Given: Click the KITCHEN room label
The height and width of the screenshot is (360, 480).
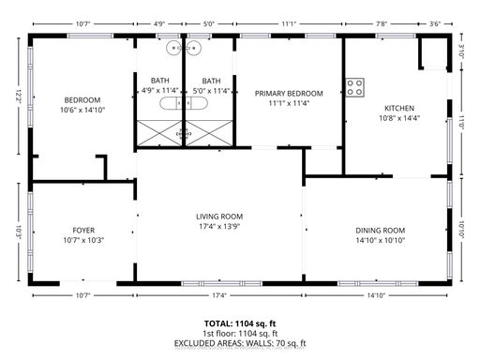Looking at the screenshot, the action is point(399,108).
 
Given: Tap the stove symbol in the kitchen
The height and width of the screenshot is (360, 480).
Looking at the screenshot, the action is point(354,87).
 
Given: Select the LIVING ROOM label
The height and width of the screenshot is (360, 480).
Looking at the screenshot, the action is point(219,217).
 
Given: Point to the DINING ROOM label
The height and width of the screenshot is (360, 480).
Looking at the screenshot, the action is point(381,231).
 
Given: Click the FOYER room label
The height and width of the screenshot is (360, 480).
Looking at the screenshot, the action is point(83,231).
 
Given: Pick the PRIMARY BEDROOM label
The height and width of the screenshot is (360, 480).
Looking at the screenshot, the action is point(289,94).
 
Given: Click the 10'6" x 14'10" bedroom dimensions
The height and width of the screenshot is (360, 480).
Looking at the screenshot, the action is point(82,110).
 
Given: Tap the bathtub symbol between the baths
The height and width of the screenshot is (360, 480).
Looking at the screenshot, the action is point(184,103).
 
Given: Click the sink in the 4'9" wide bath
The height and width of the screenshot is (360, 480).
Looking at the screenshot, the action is point(174,48).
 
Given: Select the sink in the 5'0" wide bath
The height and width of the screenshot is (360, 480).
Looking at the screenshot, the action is point(193,48).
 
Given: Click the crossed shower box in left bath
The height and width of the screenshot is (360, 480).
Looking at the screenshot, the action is point(159,133).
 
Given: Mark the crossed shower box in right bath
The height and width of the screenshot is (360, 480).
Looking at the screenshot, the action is point(209,133).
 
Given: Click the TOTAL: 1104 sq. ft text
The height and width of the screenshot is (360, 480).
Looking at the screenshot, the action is point(240,323).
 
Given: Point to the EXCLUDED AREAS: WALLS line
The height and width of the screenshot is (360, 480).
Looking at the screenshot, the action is point(240,343).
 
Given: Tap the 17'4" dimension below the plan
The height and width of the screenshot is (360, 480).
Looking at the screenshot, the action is point(219,295).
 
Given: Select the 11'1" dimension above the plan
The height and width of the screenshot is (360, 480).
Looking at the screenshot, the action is point(289,23).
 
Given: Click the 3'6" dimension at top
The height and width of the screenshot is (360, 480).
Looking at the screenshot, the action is point(435,23).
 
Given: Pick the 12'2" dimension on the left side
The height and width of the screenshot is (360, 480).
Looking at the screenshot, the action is point(19,97).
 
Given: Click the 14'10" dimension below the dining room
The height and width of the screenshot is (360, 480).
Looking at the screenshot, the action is point(376,295).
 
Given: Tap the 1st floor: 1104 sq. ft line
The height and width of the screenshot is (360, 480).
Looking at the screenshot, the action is point(240,334).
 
